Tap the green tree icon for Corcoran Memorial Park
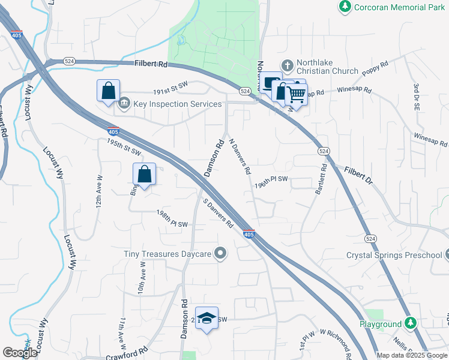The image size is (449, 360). pyautogui.click(x=345, y=6)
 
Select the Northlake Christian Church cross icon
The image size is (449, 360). pyautogui.click(x=288, y=65)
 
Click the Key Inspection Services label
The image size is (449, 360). pyautogui.click(x=177, y=104)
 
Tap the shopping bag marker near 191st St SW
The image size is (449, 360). pyautogui.click(x=108, y=91)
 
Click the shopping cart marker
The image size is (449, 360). pyautogui.click(x=296, y=93)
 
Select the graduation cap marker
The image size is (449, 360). pyautogui.click(x=207, y=317)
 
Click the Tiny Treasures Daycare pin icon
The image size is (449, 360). pyautogui.click(x=220, y=253)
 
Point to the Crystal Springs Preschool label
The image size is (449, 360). pyautogui.click(x=394, y=255)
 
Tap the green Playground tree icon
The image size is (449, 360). pyautogui.click(x=411, y=323)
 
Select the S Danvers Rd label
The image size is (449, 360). pyautogui.click(x=218, y=214)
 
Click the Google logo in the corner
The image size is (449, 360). pyautogui.click(x=20, y=353)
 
